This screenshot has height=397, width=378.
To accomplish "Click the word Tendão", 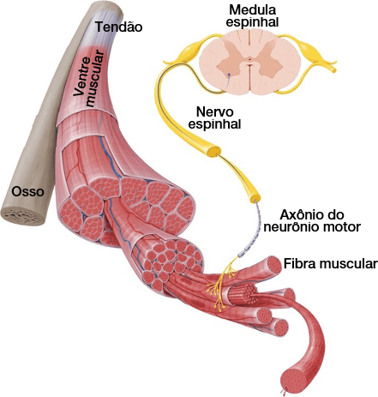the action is tap(119, 27).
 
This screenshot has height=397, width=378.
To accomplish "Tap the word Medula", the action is tap(253, 10).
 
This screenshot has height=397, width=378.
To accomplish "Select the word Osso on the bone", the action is tap(27, 191).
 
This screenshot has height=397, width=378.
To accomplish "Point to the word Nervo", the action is tap(215, 111).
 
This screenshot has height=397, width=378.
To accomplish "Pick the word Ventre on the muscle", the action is tap(78, 76).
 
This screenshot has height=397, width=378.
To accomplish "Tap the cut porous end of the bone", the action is tap(23, 216).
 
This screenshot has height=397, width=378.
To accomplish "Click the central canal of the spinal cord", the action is tap(250, 59).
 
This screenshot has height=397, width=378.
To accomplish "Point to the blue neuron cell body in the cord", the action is tap(229, 75).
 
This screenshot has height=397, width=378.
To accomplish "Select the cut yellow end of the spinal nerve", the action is tap(255, 197).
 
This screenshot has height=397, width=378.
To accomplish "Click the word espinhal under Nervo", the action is tap(215, 124).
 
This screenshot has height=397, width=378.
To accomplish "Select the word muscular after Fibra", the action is tap(348, 263).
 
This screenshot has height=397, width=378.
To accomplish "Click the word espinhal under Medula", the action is tap(253, 22).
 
